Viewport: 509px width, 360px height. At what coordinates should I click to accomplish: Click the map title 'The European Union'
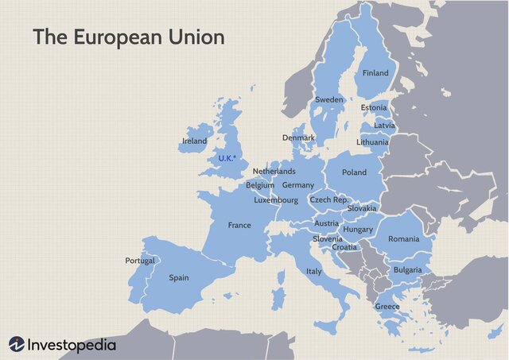pyautogui.click(x=128, y=37)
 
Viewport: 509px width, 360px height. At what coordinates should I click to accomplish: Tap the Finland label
pyautogui.click(x=375, y=73)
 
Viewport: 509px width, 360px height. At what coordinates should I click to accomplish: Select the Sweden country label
pyautogui.click(x=329, y=99)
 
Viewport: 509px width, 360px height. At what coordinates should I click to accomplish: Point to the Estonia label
pyautogui.click(x=374, y=107)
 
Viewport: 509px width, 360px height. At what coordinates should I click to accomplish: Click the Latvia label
pyautogui.click(x=384, y=126)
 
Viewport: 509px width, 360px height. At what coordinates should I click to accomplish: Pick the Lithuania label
pyautogui.click(x=372, y=142)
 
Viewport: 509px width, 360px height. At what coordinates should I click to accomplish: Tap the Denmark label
pyautogui.click(x=299, y=137)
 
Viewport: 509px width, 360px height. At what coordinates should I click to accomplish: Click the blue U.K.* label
pyautogui.click(x=227, y=158)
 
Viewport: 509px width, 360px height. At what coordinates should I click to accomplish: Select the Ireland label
pyautogui.click(x=194, y=141)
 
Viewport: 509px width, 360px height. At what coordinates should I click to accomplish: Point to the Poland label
pyautogui.click(x=354, y=172)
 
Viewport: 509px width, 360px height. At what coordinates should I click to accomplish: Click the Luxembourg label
pyautogui.click(x=276, y=200)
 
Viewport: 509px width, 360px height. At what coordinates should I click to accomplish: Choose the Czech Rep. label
pyautogui.click(x=329, y=200)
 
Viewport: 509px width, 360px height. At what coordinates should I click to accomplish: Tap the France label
pyautogui.click(x=239, y=225)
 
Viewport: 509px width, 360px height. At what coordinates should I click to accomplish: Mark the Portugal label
pyautogui.click(x=140, y=261)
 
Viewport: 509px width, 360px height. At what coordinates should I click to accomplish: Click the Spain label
pyautogui.click(x=179, y=278)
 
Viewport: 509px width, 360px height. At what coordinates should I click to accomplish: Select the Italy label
pyautogui.click(x=314, y=272)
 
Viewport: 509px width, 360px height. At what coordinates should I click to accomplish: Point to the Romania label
pyautogui.click(x=403, y=238)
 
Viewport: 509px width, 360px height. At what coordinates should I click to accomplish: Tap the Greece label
pyautogui.click(x=387, y=307)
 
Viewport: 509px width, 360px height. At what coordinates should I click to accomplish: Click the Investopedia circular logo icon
pyautogui.click(x=17, y=345)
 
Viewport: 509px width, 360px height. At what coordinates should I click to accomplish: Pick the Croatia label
pyautogui.click(x=344, y=247)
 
